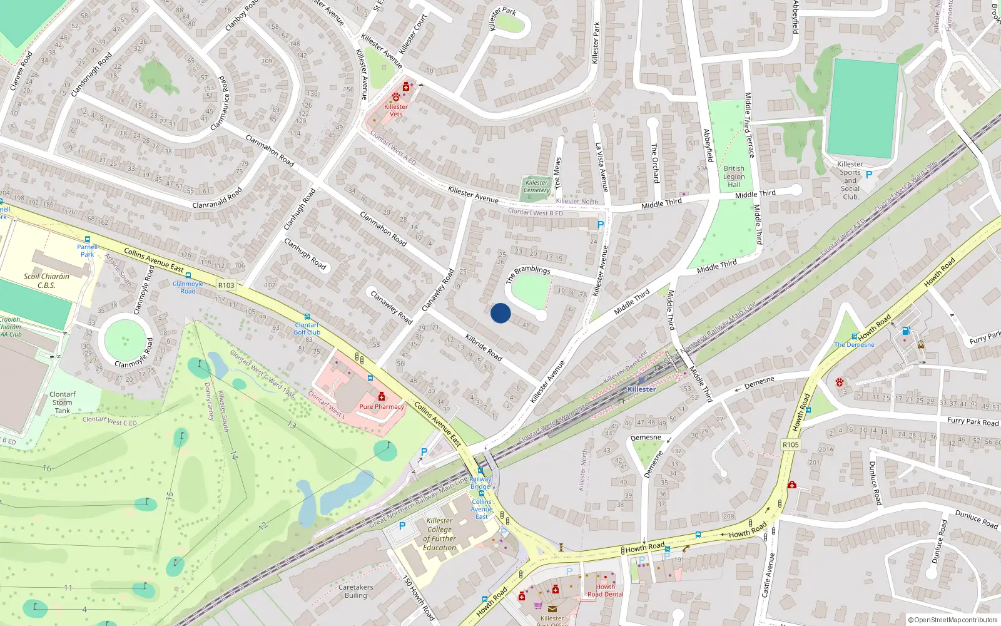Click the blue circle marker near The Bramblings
[500, 313]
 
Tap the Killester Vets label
[396, 110]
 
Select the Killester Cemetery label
[536, 186]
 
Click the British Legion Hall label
[734, 177]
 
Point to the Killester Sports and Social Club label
[850, 180]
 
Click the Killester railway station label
[642, 389]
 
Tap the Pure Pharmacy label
[382, 406]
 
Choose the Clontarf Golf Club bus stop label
[307, 328]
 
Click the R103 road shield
[226, 285]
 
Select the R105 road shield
[791, 444]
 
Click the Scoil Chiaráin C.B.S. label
[46, 280]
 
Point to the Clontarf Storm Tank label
[62, 403]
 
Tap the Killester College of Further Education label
[439, 534]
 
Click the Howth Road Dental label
[605, 590]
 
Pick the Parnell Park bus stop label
[87, 250]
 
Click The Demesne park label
[854, 345]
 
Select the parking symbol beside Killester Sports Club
[868, 175]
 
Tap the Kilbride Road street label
[484, 346]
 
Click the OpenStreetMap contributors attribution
[952, 620]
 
